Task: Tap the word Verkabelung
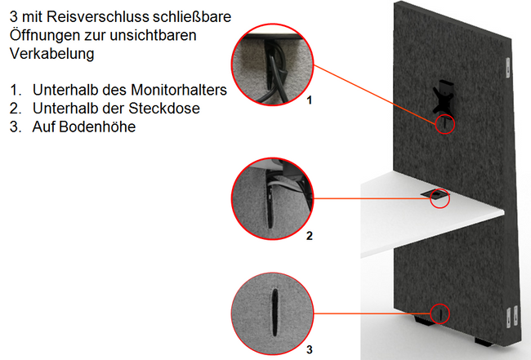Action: (x=51, y=53)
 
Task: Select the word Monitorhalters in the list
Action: (x=179, y=90)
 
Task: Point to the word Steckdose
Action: (x=164, y=109)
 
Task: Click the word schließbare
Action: (x=192, y=16)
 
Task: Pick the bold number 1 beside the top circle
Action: (x=309, y=100)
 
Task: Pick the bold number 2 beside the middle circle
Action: (x=309, y=236)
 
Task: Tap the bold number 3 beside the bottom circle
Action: (x=309, y=349)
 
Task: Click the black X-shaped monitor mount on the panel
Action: (x=443, y=96)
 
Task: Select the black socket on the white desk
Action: (x=433, y=194)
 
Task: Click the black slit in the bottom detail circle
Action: (x=274, y=313)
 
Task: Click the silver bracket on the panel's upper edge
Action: (x=507, y=67)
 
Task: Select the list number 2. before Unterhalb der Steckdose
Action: (x=16, y=109)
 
